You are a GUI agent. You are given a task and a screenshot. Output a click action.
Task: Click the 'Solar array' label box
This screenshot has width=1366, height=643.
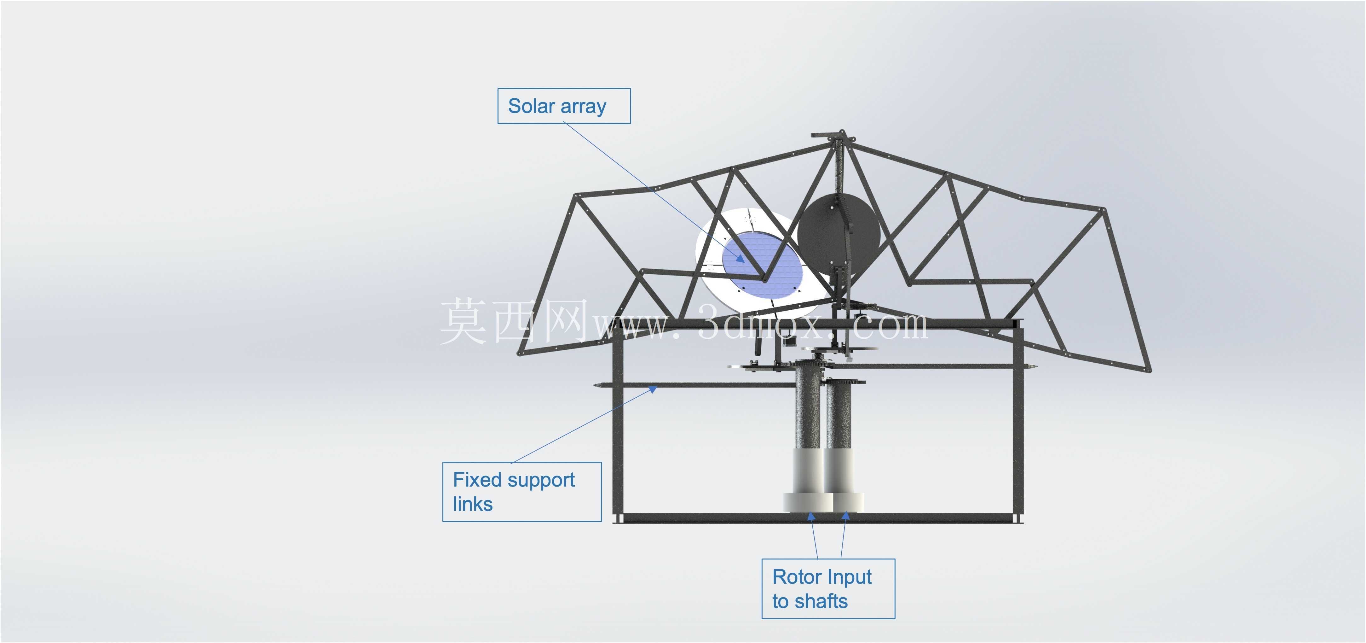[x=564, y=106]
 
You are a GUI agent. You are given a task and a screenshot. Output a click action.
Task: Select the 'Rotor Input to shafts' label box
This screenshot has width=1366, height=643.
[x=828, y=588]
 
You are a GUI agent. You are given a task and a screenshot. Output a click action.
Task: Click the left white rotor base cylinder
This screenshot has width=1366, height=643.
[x=807, y=480]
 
